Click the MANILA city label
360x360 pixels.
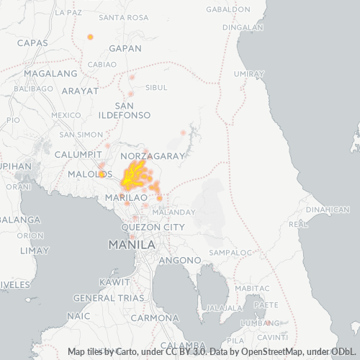click(x=132, y=245)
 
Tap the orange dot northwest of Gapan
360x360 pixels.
click(x=90, y=37)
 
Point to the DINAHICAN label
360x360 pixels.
click(x=328, y=210)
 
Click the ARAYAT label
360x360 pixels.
click(x=80, y=91)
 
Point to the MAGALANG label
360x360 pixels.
click(x=50, y=73)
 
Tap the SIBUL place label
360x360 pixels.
click(x=156, y=88)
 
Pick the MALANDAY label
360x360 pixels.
click(x=174, y=212)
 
